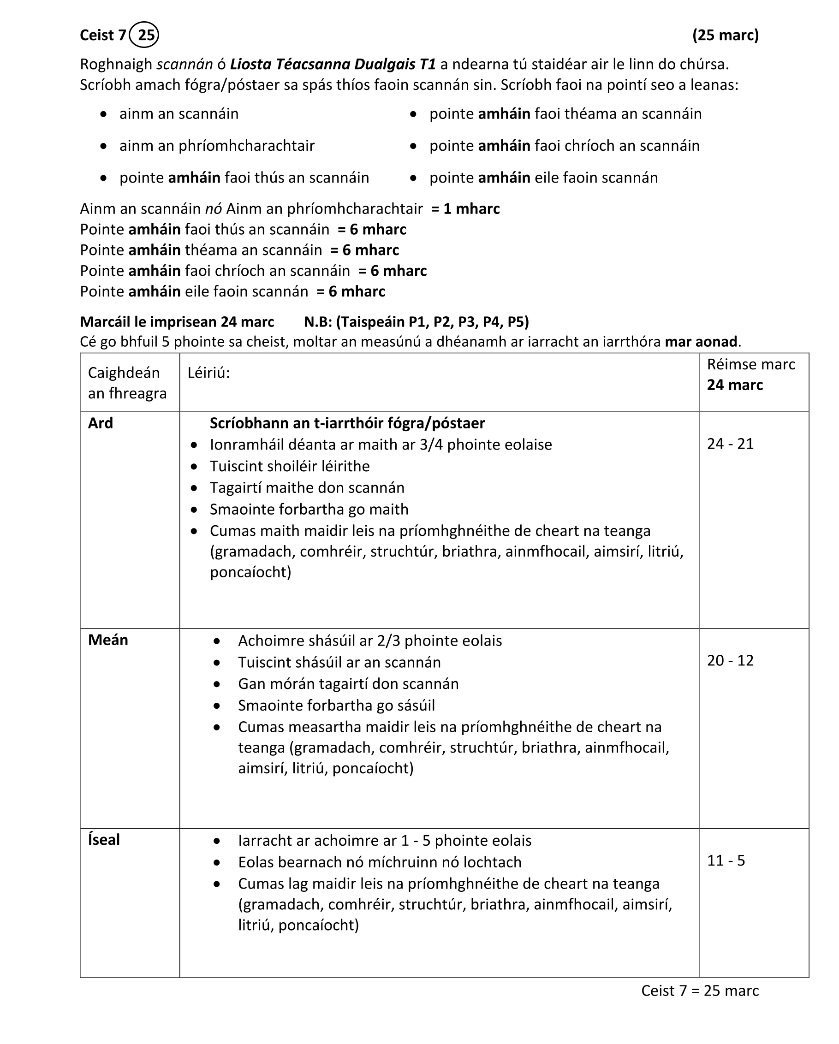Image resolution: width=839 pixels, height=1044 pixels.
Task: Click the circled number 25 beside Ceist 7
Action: click(x=144, y=35)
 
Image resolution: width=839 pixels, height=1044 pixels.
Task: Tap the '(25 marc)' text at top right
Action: click(x=725, y=35)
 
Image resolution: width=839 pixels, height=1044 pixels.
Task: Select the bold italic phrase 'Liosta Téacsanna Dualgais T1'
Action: click(x=333, y=64)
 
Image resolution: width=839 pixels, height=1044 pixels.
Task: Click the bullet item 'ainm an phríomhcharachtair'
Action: click(x=217, y=146)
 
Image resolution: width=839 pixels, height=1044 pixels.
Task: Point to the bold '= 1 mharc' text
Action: click(x=465, y=209)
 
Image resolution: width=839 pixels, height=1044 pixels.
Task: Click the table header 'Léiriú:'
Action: click(x=209, y=373)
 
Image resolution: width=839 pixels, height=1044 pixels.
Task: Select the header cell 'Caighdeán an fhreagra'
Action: click(x=127, y=383)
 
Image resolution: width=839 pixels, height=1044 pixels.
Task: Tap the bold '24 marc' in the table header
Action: click(x=734, y=385)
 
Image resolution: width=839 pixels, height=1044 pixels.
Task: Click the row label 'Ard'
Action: click(x=100, y=423)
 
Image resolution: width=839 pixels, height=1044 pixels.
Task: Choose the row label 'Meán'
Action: click(x=108, y=640)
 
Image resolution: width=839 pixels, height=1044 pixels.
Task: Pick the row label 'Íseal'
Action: click(x=104, y=840)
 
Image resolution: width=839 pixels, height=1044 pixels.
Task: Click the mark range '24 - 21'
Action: click(x=730, y=444)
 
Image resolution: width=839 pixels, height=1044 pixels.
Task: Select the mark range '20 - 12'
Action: click(x=730, y=660)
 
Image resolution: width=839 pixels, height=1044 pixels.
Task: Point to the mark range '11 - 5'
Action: click(x=726, y=860)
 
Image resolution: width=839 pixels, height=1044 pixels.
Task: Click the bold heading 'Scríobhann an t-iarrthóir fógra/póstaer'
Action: click(x=347, y=423)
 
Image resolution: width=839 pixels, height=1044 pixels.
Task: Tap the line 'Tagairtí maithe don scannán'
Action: click(x=307, y=487)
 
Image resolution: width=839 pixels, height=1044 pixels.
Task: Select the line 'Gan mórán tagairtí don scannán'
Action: click(x=348, y=684)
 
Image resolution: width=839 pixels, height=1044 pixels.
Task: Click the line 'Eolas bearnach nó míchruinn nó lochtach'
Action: click(x=380, y=862)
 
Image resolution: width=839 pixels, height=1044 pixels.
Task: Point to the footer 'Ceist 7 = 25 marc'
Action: click(x=700, y=991)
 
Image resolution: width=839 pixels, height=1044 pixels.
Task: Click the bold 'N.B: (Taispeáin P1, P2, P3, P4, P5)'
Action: click(x=416, y=322)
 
